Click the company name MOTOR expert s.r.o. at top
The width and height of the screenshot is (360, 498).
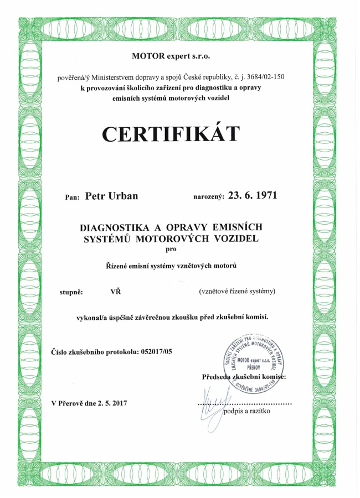tap(172, 56)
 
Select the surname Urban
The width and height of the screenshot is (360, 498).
tap(122, 196)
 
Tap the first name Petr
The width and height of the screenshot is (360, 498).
tap(95, 196)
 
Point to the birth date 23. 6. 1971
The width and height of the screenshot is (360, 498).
tap(249, 195)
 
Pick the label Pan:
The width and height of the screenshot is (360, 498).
tap(72, 196)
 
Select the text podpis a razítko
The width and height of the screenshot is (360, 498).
tap(246, 412)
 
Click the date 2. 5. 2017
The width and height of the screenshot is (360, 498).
tap(112, 403)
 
